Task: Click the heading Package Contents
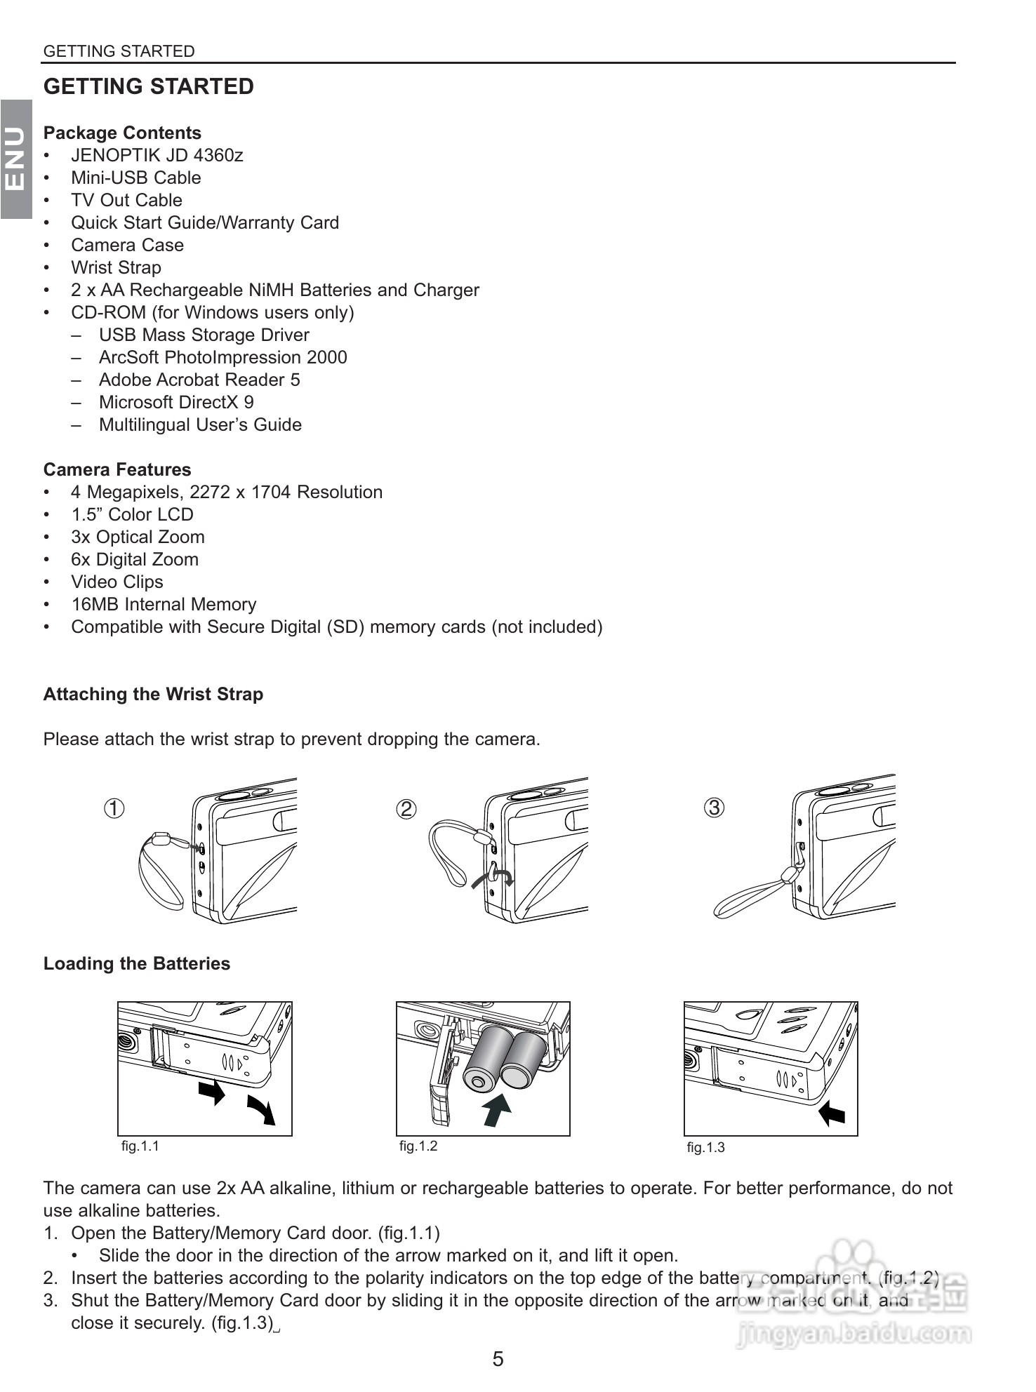pos(122,133)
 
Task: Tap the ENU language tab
pos(15,159)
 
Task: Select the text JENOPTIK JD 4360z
pos(157,155)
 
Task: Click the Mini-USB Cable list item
pos(135,178)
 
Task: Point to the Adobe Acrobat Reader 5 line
pos(199,380)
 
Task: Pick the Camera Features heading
pos(117,469)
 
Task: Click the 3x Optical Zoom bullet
pos(138,537)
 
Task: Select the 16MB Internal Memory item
pos(164,604)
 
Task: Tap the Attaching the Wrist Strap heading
pos(153,694)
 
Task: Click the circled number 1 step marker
pos(114,808)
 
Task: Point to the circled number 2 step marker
pos(406,809)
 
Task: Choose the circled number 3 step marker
pos(714,808)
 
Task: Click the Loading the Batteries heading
pos(137,963)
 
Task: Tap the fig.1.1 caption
pos(140,1146)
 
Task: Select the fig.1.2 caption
pos(418,1146)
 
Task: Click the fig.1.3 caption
pos(705,1147)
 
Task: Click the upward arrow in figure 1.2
pos(497,1108)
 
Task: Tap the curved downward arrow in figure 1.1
pos(261,1109)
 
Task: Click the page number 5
pos(498,1359)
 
